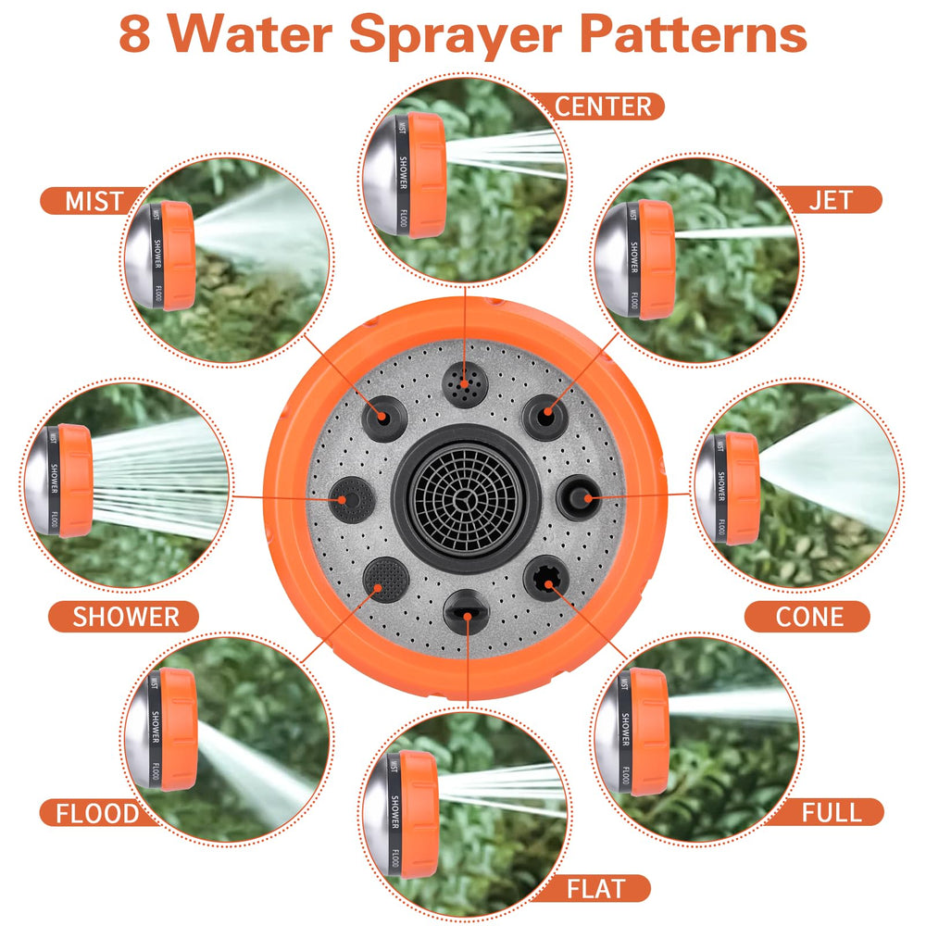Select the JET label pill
pos(829,200)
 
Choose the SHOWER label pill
pos(124,617)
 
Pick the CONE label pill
pos(807,617)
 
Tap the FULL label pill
pos(830,813)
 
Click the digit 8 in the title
pos(134,34)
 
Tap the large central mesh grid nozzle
pos(466,499)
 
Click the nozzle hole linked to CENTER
pos(465,384)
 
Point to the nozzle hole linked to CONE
pos(580,498)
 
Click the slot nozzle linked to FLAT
pos(467,612)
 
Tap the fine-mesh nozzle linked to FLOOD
pos(386,580)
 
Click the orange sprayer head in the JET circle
pos(656,259)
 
